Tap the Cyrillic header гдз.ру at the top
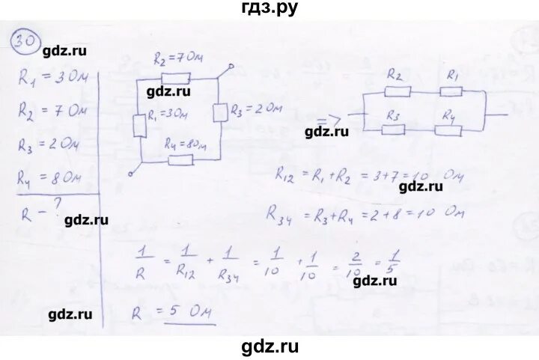pos(269,9)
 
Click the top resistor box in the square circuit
pos(176,76)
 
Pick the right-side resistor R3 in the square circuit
pos(219,113)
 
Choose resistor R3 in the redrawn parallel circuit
pos(395,129)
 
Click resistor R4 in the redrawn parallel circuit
pos(449,129)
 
